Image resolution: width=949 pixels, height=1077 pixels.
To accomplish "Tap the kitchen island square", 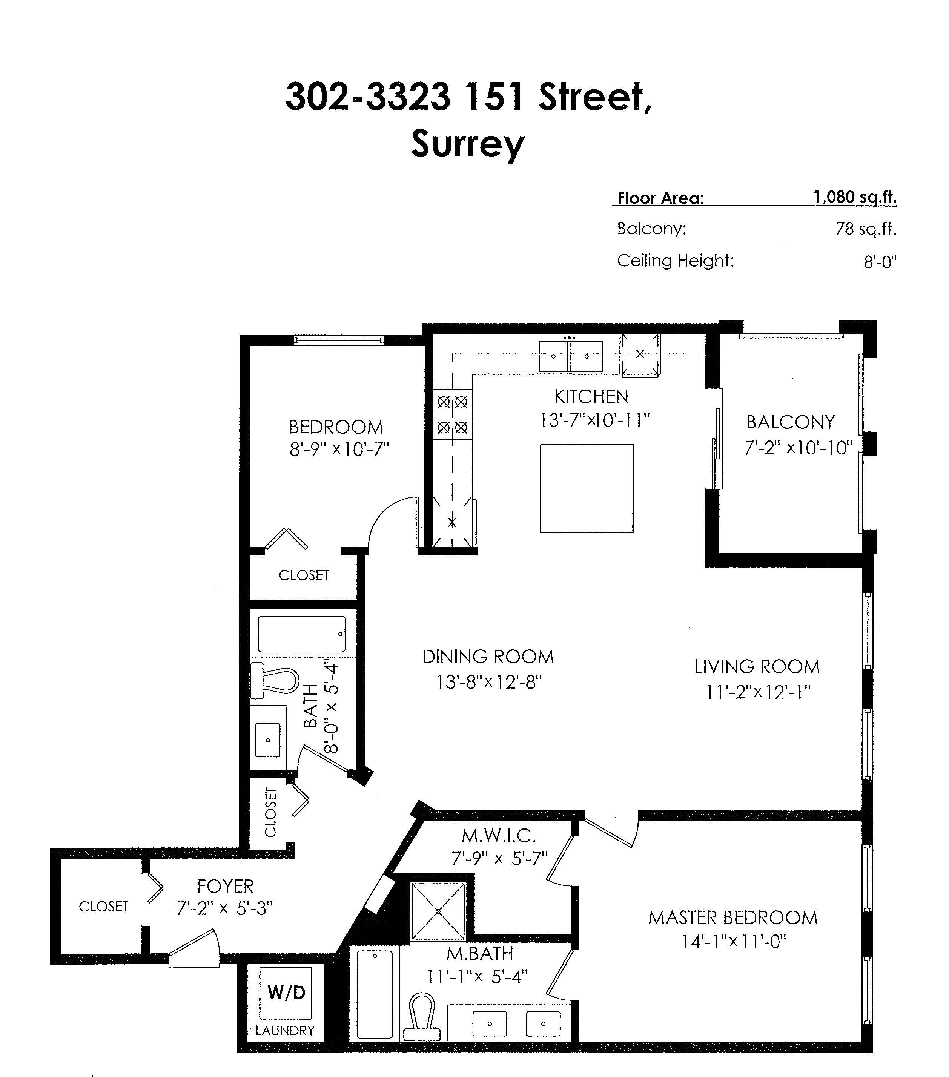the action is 587,488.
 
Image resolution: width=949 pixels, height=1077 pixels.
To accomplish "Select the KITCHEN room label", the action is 591,396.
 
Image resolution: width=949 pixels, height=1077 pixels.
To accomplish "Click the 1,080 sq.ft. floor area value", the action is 855,198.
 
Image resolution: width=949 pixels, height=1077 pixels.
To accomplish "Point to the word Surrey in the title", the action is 468,143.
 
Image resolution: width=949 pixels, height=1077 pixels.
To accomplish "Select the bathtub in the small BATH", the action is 301,634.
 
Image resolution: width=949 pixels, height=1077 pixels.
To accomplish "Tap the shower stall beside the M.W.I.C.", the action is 438,911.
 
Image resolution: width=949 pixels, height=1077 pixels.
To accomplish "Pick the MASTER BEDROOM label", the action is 733,917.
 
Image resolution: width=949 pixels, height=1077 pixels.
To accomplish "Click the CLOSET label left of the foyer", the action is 103,906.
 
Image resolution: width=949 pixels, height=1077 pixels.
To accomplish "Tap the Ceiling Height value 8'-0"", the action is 880,261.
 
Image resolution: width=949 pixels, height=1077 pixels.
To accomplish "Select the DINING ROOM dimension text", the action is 489,682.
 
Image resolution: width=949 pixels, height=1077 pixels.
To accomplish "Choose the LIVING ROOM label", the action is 757,667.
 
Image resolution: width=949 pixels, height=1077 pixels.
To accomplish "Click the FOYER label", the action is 225,886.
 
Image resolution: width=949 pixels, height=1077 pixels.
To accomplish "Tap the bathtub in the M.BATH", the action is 375,993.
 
